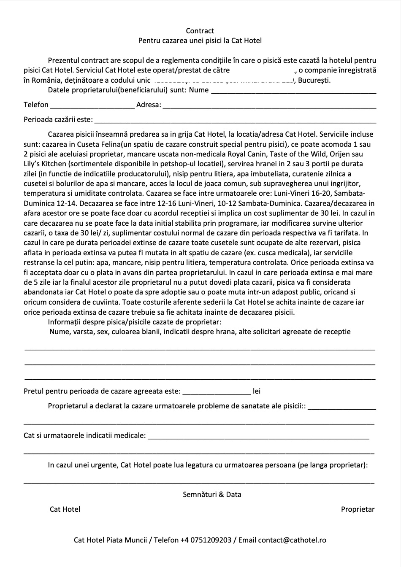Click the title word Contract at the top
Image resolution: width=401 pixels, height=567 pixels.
pos(200,31)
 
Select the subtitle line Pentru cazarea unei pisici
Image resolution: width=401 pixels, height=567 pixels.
pos(200,41)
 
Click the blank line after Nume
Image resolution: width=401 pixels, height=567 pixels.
pos(293,90)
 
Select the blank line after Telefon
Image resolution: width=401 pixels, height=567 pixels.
pos(92,105)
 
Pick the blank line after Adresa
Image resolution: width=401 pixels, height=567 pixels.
pos(269,105)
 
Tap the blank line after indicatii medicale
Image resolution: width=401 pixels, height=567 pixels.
pos(258,436)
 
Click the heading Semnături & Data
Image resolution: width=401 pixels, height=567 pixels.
pos(212,494)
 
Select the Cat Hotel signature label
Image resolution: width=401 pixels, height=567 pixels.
pos(65,509)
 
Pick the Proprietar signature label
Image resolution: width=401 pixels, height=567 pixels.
pos(358,509)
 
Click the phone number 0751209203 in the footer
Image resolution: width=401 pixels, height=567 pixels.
pos(211,540)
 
